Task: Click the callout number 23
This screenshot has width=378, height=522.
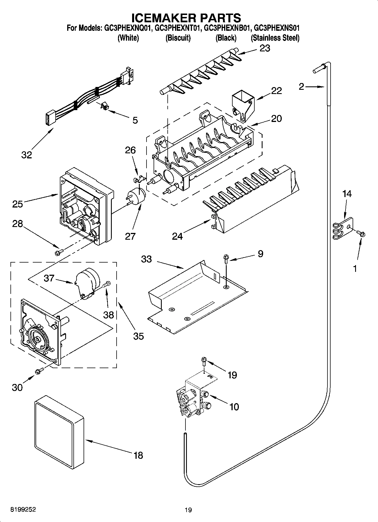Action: (265, 48)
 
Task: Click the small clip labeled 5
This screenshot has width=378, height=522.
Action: (105, 106)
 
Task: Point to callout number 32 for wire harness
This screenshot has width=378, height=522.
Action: (27, 155)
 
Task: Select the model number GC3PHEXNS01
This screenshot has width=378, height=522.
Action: (276, 28)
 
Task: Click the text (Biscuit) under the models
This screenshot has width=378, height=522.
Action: (178, 38)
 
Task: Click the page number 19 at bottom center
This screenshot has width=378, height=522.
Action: (188, 510)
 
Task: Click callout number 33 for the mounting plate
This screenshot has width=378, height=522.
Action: (146, 259)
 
